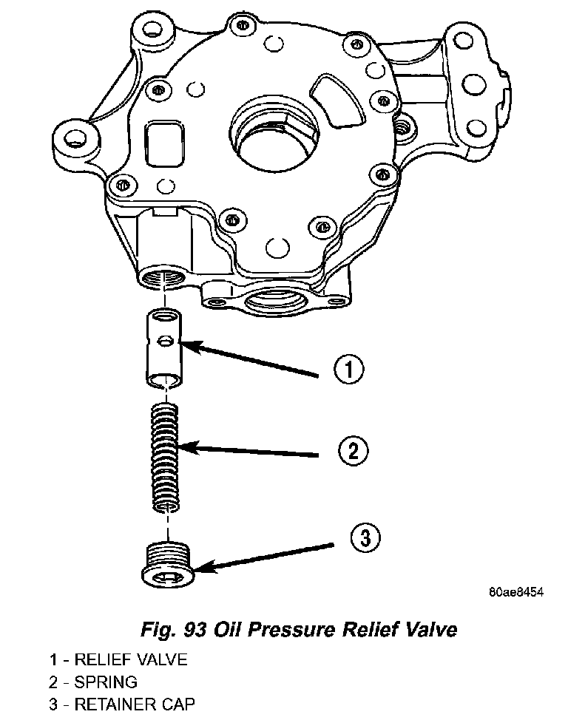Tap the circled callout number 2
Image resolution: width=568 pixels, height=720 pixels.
(x=352, y=450)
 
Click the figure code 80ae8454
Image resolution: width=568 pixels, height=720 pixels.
(x=515, y=592)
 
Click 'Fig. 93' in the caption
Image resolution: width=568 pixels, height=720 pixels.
(x=175, y=630)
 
